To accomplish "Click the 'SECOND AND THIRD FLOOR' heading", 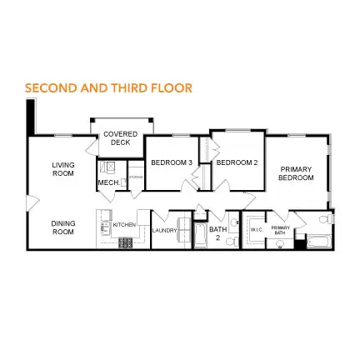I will [108, 87].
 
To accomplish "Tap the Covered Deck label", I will [121, 137].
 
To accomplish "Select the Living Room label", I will [62, 168].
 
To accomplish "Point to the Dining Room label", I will [62, 227].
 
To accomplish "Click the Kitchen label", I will [123, 224].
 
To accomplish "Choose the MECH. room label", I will [107, 182].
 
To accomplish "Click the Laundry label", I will [165, 230].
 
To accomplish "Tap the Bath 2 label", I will [217, 232].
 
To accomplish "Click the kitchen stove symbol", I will [126, 242].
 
